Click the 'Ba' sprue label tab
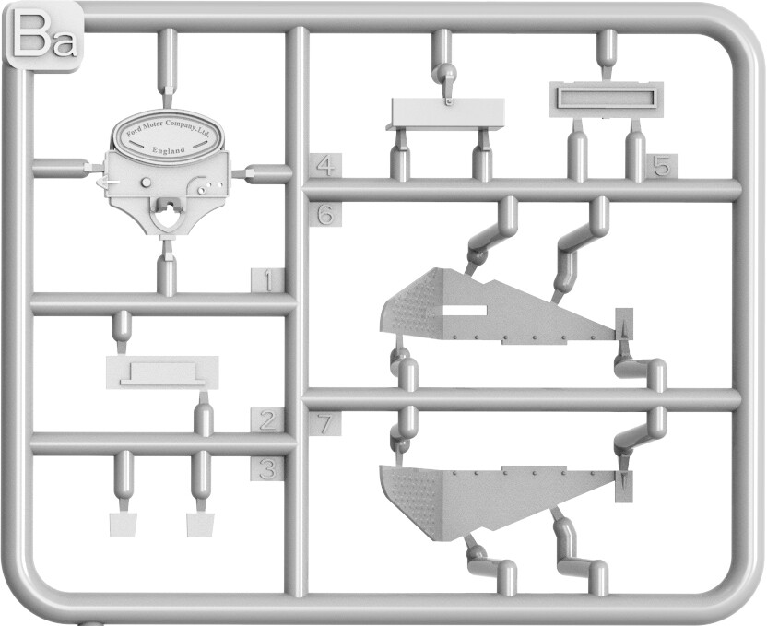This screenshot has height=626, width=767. coord(44,37)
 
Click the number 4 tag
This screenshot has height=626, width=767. coord(325,166)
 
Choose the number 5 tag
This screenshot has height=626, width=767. coord(662,167)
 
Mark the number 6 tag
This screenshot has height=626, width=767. coord(325,215)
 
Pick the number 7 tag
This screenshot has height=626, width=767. coord(325,424)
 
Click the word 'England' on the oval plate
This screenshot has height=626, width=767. coord(169,149)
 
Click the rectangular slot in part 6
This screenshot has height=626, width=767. coord(465,310)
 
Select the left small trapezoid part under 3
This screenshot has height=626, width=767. coord(123,525)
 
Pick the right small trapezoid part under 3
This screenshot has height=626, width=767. coord(201,525)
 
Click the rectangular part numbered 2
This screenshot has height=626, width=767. coord(162,373)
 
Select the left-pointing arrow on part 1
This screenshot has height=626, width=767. coord(105,183)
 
